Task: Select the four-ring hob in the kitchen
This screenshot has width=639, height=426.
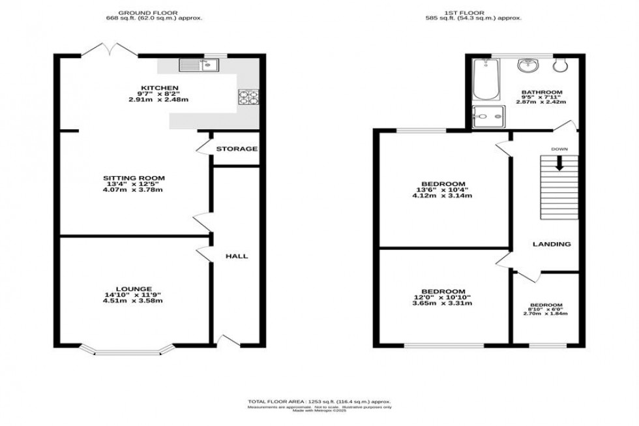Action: (x=248, y=97)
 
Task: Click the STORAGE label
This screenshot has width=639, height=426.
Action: (x=237, y=149)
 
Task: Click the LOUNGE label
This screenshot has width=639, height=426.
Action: (x=135, y=289)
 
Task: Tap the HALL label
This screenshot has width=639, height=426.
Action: (x=236, y=256)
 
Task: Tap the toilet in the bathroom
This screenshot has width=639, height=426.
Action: (x=561, y=65)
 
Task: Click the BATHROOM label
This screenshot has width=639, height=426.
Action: (x=542, y=93)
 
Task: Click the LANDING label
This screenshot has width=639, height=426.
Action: (x=552, y=244)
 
